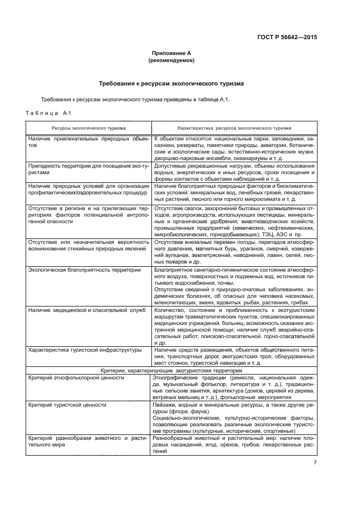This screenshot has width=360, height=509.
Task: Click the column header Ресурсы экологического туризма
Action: point(89,128)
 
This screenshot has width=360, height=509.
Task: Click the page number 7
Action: point(315,463)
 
